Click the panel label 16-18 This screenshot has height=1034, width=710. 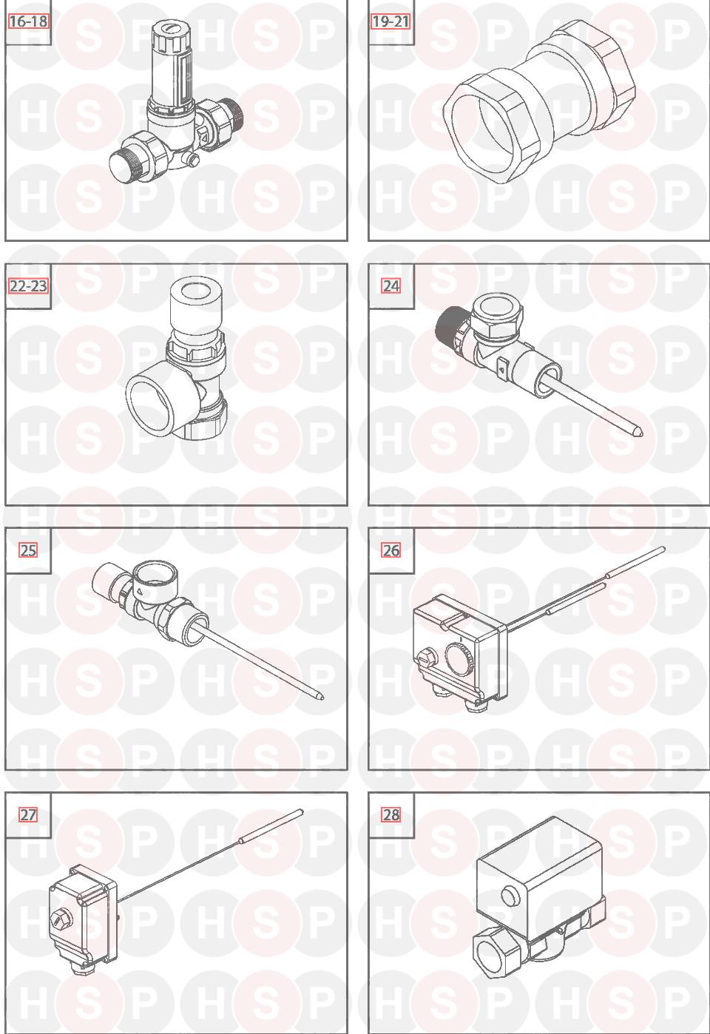pyautogui.click(x=28, y=21)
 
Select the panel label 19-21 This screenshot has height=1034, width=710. pyautogui.click(x=390, y=21)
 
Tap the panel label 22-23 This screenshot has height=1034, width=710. pyautogui.click(x=28, y=286)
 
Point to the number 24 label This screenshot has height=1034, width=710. pyautogui.click(x=390, y=286)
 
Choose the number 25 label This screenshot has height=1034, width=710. pyautogui.click(x=27, y=551)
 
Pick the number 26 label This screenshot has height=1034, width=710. pyautogui.click(x=390, y=551)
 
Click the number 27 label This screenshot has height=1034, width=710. pyautogui.click(x=27, y=815)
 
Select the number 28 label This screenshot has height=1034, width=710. pyautogui.click(x=390, y=815)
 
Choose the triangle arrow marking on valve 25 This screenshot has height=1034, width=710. pyautogui.click(x=141, y=591)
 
